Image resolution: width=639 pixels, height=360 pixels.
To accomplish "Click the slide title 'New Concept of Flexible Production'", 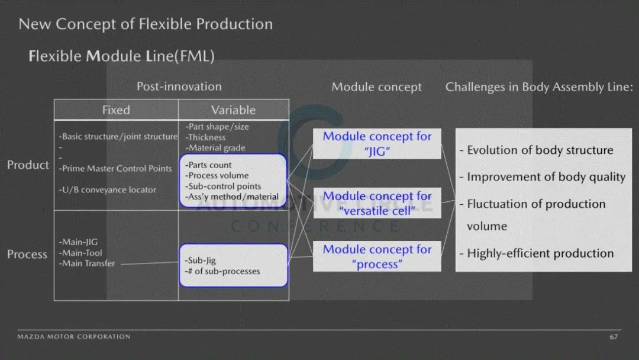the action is (x=146, y=24).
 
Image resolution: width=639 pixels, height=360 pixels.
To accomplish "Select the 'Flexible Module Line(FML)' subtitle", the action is (x=121, y=56).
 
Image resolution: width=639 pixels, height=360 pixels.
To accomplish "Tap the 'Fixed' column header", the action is (x=116, y=110).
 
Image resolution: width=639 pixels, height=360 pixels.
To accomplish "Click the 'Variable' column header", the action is (x=234, y=110).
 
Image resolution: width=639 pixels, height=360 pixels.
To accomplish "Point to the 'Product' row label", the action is (x=28, y=165).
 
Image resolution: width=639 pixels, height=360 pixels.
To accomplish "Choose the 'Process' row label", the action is (x=27, y=254).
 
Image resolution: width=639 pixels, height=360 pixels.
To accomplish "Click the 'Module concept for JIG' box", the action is (x=377, y=143).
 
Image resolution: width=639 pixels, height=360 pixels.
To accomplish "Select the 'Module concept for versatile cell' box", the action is (x=377, y=203).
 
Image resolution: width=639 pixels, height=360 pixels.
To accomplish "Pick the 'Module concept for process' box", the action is (x=377, y=256).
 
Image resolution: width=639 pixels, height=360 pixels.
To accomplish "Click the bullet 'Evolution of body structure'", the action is (x=536, y=150).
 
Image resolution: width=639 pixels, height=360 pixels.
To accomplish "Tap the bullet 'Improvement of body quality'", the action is (x=543, y=177).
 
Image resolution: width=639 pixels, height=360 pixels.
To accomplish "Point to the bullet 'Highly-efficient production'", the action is (x=536, y=253).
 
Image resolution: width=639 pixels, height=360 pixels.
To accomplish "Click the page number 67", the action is (x=614, y=337).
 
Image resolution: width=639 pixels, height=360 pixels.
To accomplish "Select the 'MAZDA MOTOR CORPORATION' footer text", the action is (x=74, y=337).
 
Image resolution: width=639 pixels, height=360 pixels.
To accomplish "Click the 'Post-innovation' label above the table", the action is (x=179, y=86).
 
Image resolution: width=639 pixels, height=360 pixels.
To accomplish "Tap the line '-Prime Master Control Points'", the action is (x=115, y=168).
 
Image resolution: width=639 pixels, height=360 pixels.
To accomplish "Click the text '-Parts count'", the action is (x=208, y=165).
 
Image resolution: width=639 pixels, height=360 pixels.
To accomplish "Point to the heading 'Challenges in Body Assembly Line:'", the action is (x=539, y=87).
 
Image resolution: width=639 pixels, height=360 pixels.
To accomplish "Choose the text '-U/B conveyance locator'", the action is (x=107, y=189).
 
